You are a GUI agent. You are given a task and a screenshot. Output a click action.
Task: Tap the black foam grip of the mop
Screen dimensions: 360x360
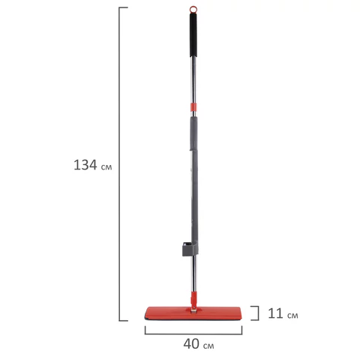pyautogui.click(x=193, y=35)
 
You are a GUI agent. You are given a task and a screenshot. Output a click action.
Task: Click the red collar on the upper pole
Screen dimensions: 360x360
pyautogui.click(x=193, y=107)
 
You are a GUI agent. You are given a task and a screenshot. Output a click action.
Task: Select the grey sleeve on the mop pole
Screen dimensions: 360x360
pyautogui.click(x=194, y=185)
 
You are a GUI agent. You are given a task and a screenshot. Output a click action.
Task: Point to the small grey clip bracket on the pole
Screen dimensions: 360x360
pyautogui.click(x=187, y=249)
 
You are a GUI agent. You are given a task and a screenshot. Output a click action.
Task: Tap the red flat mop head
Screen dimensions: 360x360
pyautogui.click(x=193, y=313)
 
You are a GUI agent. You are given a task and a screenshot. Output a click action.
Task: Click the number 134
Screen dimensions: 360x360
pyautogui.click(x=85, y=165)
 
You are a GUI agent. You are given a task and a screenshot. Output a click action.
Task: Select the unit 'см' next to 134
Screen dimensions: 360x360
pyautogui.click(x=106, y=167)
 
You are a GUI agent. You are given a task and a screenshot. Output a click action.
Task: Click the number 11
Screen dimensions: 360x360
pyautogui.click(x=275, y=313)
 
